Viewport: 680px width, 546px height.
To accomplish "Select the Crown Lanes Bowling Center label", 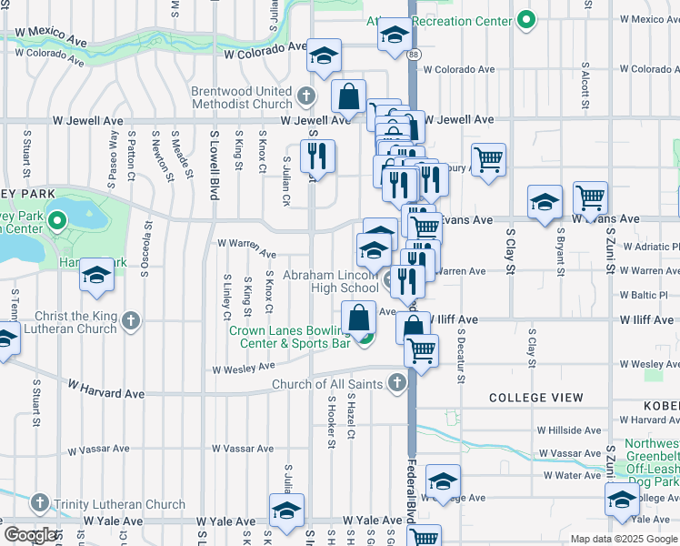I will (289, 338).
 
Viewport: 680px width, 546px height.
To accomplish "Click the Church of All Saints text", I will (331, 385).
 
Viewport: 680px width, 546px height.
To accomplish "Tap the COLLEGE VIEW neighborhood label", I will (536, 398).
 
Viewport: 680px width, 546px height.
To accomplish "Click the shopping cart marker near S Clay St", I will (489, 160).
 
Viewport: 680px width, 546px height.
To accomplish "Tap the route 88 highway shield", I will (414, 56).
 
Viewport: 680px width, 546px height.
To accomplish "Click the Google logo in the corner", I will (30, 535).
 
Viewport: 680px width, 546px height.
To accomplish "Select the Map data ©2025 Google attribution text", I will (623, 539).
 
